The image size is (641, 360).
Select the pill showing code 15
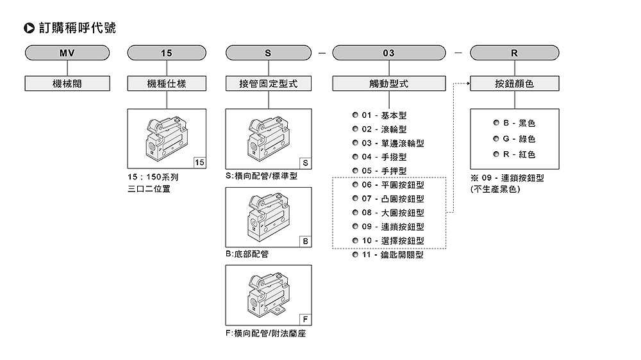click(167, 53)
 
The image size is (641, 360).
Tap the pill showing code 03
click(388, 53)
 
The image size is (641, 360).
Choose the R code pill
click(514, 53)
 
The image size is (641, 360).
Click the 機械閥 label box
click(67, 83)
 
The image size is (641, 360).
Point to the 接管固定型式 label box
click(269, 83)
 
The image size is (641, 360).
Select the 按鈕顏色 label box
click(514, 83)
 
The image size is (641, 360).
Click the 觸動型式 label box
click(388, 83)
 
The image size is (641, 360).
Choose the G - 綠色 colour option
click(519, 138)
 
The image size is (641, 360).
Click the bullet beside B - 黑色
click(496, 123)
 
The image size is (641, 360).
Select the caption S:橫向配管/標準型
click(262, 176)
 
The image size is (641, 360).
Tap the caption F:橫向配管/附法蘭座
click(265, 334)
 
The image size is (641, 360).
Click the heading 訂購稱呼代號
click(77, 28)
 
